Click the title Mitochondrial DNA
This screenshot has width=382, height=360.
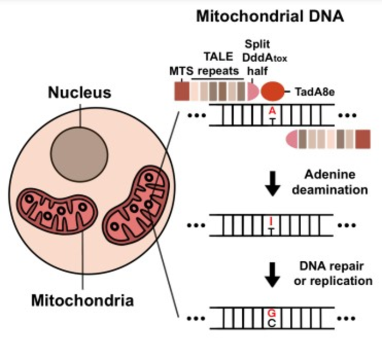tap(270, 16)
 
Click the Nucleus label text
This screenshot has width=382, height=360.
tap(80, 92)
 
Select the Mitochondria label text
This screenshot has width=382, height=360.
tap(82, 299)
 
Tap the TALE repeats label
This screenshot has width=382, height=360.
tap(218, 63)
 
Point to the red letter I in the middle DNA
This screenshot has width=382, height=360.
tap(271, 221)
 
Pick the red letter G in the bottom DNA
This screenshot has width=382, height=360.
tap(271, 313)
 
